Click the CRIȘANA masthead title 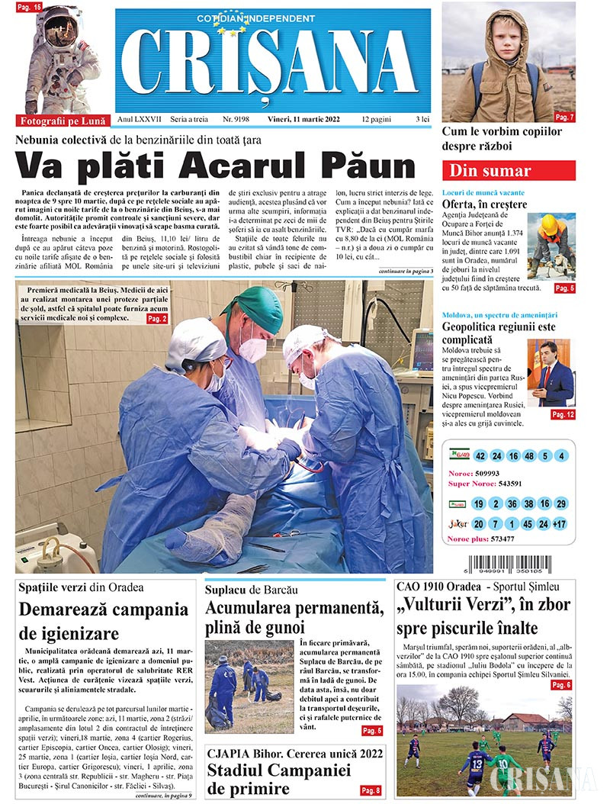(271, 65)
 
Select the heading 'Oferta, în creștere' (484, 204)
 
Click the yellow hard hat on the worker (549, 224)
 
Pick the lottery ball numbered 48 (529, 456)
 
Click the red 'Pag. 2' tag (156, 318)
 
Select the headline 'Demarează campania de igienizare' (103, 622)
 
